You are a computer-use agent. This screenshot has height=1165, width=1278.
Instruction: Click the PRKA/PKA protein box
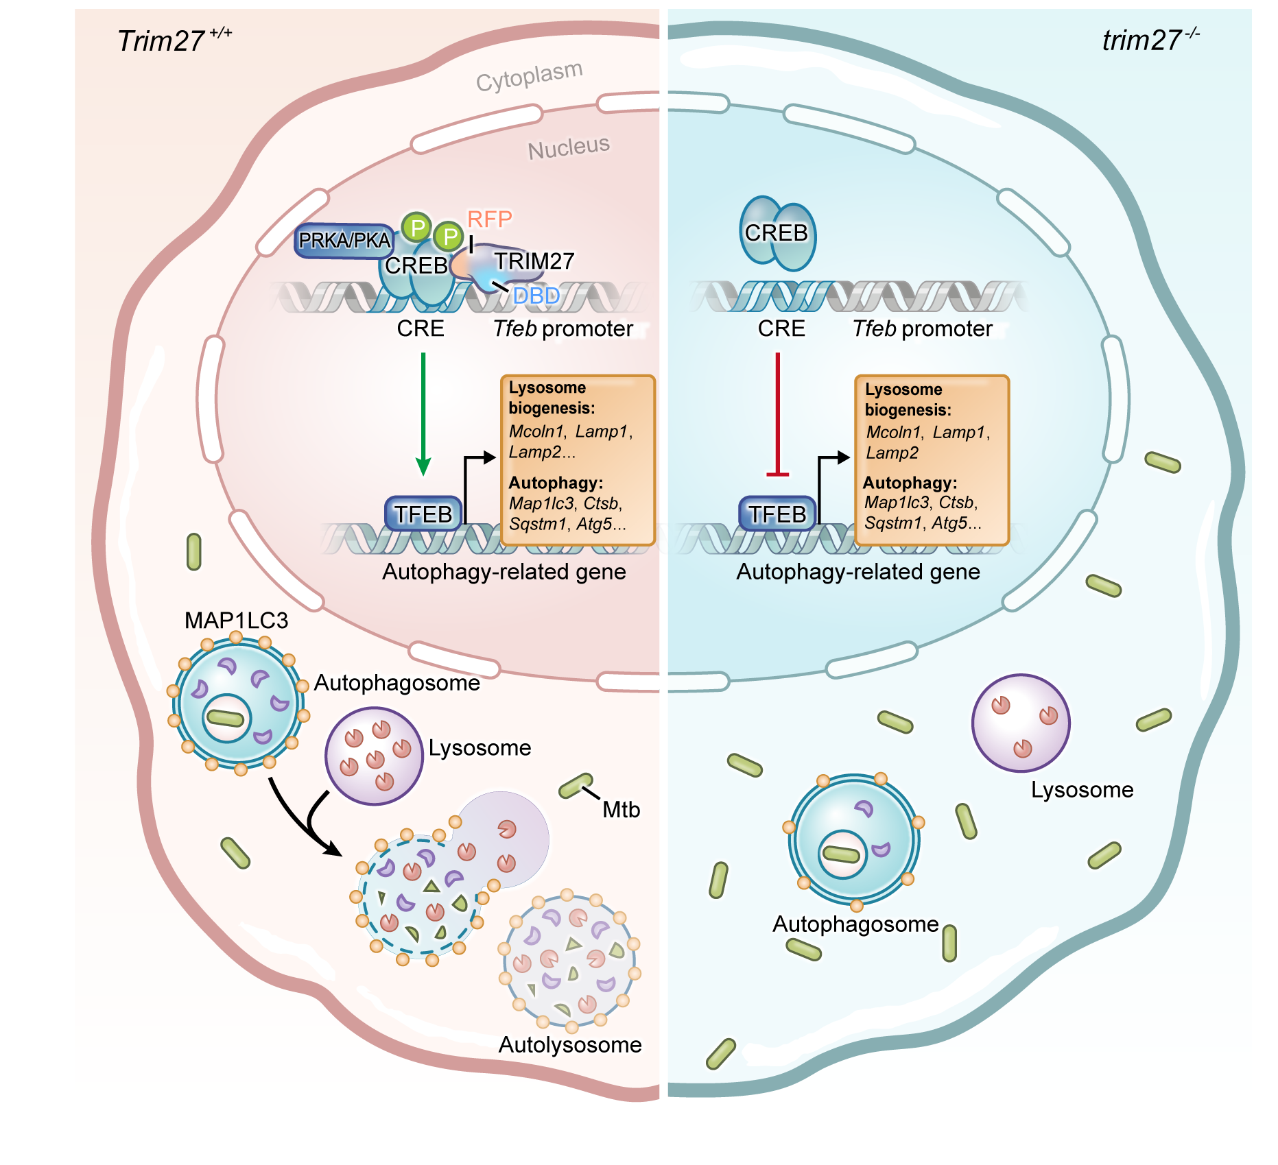tap(344, 241)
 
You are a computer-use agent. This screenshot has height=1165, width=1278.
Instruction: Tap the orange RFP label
tap(489, 219)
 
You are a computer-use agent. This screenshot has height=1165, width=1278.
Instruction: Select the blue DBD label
tap(536, 296)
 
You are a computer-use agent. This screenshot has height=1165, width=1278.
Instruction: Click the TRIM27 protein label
tap(534, 261)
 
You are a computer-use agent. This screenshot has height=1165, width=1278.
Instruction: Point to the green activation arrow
tap(423, 411)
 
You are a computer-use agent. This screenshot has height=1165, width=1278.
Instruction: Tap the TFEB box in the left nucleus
tap(423, 514)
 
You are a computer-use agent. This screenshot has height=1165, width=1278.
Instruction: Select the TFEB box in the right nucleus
tap(777, 514)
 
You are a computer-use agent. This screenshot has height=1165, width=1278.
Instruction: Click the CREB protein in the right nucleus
tap(777, 233)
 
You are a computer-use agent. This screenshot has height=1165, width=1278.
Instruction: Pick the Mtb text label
tap(621, 810)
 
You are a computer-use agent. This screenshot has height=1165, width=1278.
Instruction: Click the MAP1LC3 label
tap(236, 621)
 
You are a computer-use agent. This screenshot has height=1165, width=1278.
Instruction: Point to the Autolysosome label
tap(569, 1044)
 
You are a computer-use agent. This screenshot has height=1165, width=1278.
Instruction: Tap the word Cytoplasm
tap(529, 76)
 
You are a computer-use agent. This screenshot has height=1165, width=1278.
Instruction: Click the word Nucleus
tap(568, 147)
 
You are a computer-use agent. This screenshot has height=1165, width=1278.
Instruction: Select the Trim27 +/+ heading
tap(174, 40)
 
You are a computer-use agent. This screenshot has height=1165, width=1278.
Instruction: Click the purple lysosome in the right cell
tap(1021, 723)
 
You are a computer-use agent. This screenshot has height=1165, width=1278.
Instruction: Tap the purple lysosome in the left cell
tap(374, 756)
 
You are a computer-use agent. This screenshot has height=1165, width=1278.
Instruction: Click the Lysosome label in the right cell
tap(1082, 790)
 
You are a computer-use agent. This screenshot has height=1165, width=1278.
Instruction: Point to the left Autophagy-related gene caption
tap(504, 572)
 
